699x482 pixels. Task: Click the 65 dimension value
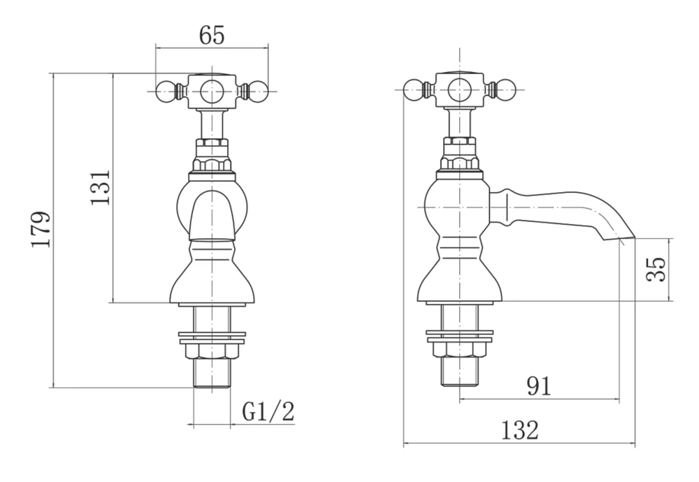212,35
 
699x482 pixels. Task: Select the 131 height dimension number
101,187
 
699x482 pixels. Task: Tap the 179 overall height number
41,229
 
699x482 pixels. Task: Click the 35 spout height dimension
656,270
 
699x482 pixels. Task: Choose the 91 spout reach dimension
539,386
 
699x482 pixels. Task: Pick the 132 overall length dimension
520,430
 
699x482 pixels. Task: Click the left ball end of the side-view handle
413,89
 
